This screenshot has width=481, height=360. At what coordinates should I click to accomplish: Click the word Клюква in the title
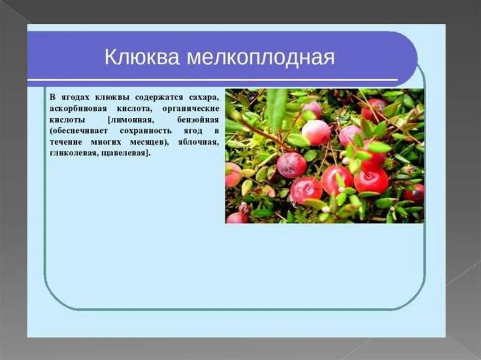coord(142,58)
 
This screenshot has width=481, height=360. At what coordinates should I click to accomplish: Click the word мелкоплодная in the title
coord(261,58)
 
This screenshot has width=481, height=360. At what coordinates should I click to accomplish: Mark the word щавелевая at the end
coord(126,153)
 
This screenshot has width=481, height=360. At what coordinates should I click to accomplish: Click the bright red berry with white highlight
coord(371,180)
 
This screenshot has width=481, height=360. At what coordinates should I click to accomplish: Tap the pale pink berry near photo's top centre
coord(316,132)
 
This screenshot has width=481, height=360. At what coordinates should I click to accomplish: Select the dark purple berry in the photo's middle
coord(291,165)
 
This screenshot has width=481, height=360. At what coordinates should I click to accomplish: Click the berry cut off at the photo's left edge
coord(233,175)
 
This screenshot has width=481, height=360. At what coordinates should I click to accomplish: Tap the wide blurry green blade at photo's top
coord(277,108)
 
